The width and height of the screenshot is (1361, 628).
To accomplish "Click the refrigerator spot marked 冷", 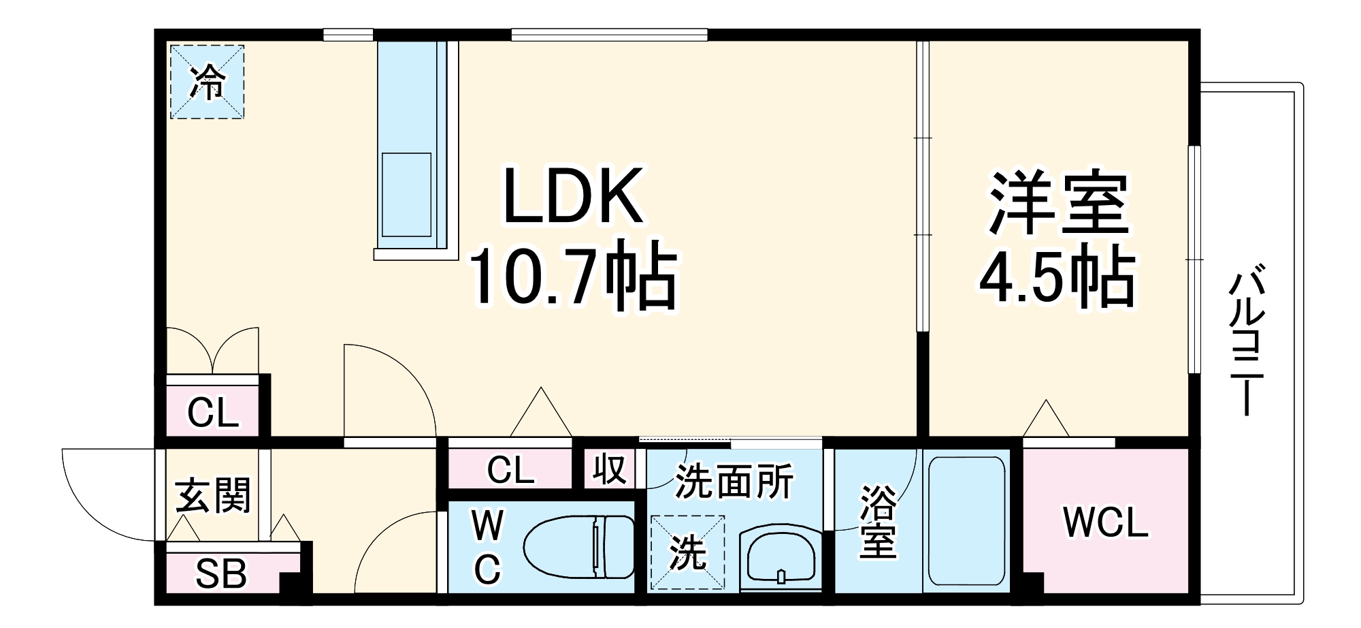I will pos(207,82).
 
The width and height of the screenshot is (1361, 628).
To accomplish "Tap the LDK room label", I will pos(572,196).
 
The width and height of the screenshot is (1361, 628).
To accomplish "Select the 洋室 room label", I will pos(1057,203).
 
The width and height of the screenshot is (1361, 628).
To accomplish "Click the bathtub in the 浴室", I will pos(966,520).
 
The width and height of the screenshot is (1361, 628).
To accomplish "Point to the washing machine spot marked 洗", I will pos(687,552).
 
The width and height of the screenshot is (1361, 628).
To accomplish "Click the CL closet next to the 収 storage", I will pos(510,469).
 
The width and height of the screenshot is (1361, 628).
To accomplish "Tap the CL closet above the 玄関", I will pos(213,412).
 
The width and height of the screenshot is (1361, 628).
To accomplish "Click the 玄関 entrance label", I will pos(213,495).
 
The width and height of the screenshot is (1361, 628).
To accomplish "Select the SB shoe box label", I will pos(220,574).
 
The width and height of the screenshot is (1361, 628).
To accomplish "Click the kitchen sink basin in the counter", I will pos(406,195).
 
